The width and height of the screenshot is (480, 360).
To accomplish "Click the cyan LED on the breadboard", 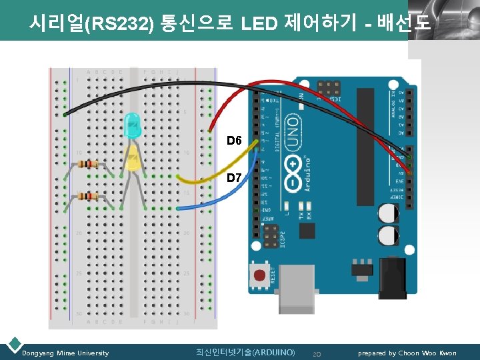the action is [132, 125].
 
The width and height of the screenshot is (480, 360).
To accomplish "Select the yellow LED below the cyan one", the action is [133, 160].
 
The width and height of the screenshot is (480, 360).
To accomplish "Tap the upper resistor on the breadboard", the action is [88, 164].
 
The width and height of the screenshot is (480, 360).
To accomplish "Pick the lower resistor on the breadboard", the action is [88, 196].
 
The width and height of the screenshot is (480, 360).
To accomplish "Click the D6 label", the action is [233, 141].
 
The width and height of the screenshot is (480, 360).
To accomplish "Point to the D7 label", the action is [235, 178].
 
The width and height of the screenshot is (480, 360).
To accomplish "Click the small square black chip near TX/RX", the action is [307, 230].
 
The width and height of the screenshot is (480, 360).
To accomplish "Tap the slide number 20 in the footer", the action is [317, 353].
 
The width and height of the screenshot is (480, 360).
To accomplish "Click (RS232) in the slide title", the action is [119, 25].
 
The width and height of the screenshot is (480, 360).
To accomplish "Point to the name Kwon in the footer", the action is [447, 353].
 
